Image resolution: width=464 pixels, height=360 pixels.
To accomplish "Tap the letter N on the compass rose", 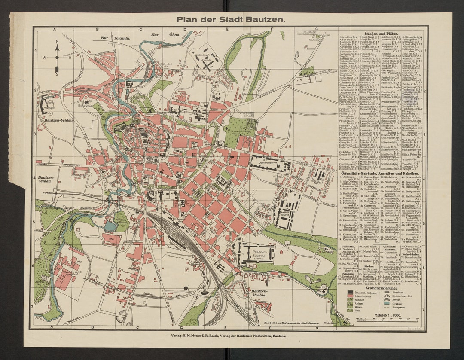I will pos(57,42).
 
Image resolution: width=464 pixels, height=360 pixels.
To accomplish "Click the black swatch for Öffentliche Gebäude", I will pos(350,292).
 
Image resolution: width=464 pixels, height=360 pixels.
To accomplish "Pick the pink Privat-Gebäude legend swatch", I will pos(350,296).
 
